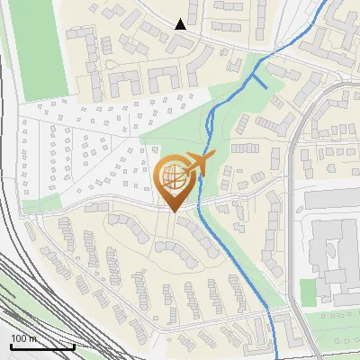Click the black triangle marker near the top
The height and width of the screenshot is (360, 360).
181,24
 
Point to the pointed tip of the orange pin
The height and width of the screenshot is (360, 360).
172,211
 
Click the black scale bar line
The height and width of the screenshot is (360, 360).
41,347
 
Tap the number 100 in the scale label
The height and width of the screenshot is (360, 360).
17,338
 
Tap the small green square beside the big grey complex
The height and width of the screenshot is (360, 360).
308,291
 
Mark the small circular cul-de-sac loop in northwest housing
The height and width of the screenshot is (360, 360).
108,67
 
